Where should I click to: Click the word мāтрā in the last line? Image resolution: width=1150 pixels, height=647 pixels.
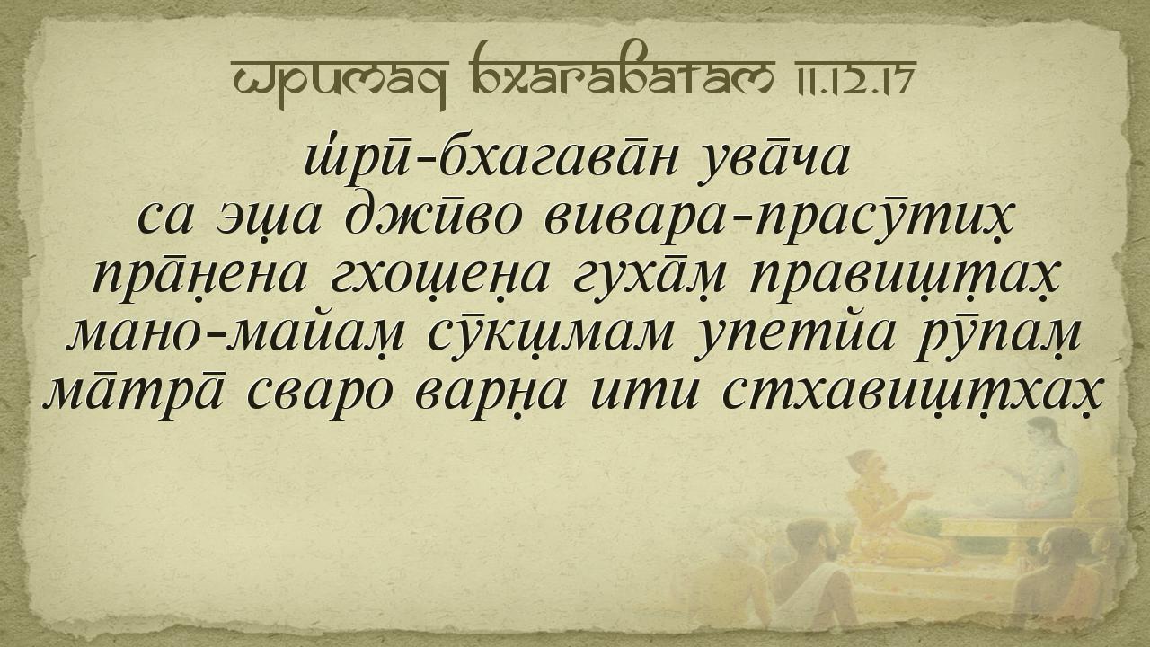pyautogui.click(x=134, y=394)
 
